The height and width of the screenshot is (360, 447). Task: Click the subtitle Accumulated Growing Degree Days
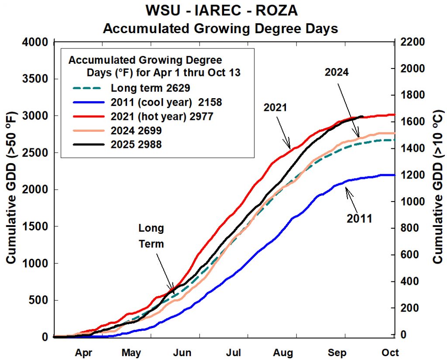pyautogui.click(x=220, y=29)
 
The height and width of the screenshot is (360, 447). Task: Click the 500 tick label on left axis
pyautogui.click(x=38, y=301)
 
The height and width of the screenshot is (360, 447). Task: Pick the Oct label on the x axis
pyautogui.click(x=389, y=352)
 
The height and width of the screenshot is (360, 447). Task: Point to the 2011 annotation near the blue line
pyautogui.click(x=360, y=218)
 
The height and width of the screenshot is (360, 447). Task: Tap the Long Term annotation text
pyautogui.click(x=151, y=236)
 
